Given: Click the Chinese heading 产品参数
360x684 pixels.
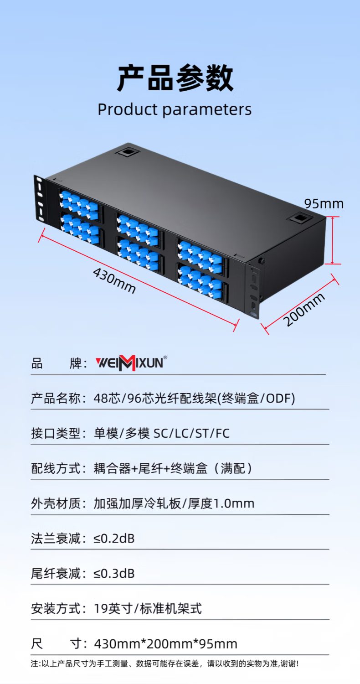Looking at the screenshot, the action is coord(175,78).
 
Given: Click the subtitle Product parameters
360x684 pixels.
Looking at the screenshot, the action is coord(175,109).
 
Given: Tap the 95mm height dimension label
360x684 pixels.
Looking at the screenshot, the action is coord(324,204).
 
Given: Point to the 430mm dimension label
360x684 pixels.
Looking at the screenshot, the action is coord(114,280).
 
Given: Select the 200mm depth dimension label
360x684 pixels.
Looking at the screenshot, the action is coord(304,309).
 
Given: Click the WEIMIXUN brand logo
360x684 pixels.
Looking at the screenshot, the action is coord(131,363).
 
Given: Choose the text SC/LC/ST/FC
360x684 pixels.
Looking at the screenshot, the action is coord(191,433).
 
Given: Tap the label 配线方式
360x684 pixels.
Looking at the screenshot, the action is coord(56,468).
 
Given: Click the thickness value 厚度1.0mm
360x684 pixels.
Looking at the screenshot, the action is coord(221,503).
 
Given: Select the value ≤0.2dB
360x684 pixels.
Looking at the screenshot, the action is coord(114,539).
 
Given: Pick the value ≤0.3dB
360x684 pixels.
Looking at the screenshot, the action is coord(114,574).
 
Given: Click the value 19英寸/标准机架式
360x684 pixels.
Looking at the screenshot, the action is coord(148,609).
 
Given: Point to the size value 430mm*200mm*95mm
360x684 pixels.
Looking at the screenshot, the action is coord(166,644).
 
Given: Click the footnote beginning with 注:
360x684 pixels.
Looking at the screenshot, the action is coord(165,663).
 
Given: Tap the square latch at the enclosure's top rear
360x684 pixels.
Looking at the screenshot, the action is coord(128,152).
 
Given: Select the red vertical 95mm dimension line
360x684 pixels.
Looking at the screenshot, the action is coord(332,240).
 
